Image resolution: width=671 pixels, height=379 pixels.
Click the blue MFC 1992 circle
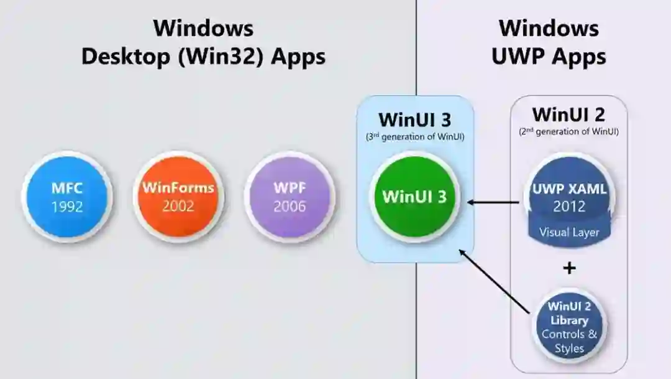pyautogui.click(x=66, y=196)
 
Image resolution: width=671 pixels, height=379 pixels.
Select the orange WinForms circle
pyautogui.click(x=178, y=196)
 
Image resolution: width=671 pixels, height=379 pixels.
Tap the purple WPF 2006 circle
pyautogui.click(x=290, y=196)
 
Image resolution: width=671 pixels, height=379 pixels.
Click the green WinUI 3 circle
pyautogui.click(x=414, y=196)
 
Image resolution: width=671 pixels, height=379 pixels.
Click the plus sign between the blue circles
pyautogui.click(x=569, y=268)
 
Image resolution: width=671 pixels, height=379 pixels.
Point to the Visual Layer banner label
pyautogui.click(x=569, y=232)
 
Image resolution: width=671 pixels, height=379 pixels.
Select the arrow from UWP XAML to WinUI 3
pyautogui.click(x=494, y=202)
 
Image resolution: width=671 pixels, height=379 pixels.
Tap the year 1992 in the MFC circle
pyautogui.click(x=66, y=206)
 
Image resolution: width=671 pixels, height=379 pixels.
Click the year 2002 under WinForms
pyautogui.click(x=178, y=206)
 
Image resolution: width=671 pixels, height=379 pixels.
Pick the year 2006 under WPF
pyautogui.click(x=290, y=206)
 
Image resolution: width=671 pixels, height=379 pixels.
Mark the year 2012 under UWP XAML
pyautogui.click(x=569, y=206)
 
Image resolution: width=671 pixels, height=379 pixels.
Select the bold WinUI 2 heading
pyautogui.click(x=568, y=115)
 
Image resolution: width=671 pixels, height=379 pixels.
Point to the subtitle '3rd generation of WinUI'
pyautogui.click(x=414, y=136)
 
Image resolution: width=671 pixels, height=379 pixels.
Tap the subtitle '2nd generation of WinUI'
pyautogui.click(x=568, y=132)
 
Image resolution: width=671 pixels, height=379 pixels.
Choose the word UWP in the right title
pyautogui.click(x=518, y=57)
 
